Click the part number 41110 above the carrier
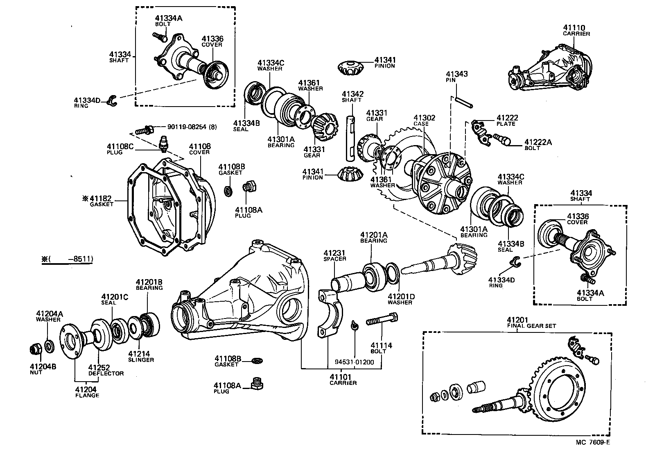[x=574, y=27]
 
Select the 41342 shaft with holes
[x=351, y=137]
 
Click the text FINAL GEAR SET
[x=531, y=326]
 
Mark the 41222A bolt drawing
[x=502, y=139]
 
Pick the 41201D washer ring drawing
[x=392, y=273]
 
